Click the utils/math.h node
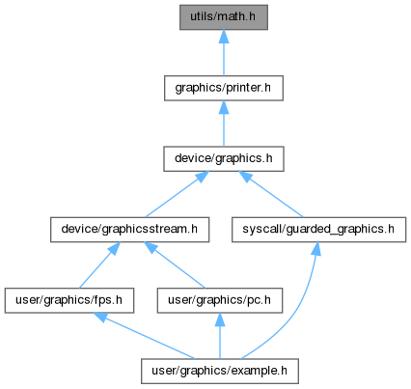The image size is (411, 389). point(224,17)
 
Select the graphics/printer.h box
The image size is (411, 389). point(224,88)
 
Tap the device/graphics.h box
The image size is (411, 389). point(224,158)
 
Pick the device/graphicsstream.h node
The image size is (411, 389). point(129,230)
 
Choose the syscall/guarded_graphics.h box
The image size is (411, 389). point(318,230)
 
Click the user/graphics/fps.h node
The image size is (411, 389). point(69,300)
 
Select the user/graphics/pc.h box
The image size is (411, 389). point(220,300)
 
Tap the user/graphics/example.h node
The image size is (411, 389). point(220,371)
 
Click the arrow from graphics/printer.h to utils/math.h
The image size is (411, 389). point(224,53)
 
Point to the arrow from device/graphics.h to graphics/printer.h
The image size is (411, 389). point(224,124)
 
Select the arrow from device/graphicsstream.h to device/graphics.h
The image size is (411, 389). point(178,194)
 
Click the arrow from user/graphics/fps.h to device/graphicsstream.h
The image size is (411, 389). point(99,265)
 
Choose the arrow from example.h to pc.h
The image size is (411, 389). point(220,336)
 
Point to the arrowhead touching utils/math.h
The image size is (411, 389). point(224,37)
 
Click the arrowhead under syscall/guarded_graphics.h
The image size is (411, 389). point(316,249)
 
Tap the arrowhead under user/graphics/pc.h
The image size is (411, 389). point(220,320)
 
